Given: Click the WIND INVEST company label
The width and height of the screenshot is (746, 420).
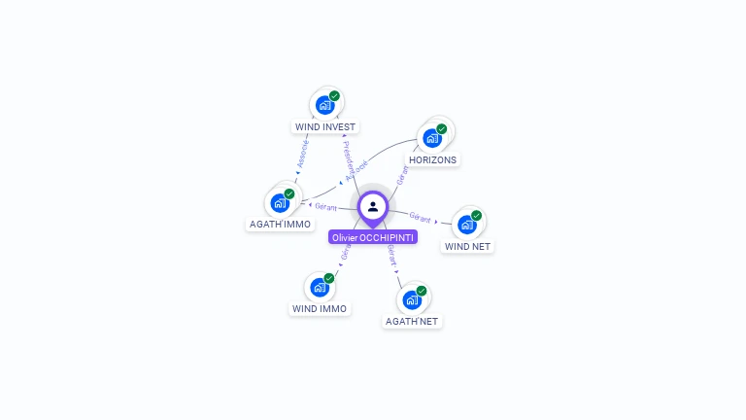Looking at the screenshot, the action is [325, 126].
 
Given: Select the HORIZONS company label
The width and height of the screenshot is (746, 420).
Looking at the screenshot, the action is [432, 159].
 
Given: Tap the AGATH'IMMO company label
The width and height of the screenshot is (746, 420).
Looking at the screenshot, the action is [280, 224].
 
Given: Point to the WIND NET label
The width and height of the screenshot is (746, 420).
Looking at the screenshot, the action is [467, 246].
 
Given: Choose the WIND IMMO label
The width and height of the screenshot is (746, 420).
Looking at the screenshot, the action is [320, 308].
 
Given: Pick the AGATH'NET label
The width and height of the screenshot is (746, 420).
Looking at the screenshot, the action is [412, 321].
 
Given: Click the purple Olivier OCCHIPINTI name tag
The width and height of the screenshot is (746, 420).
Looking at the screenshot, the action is [373, 237].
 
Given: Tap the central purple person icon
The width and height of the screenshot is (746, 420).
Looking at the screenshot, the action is [373, 206].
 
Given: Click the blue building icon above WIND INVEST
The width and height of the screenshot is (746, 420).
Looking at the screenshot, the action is [324, 105].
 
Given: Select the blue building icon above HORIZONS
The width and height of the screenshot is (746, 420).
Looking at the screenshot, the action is [431, 138].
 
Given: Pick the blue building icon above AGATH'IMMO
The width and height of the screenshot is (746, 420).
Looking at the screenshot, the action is [280, 202].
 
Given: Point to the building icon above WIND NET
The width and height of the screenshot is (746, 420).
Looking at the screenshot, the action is [466, 225].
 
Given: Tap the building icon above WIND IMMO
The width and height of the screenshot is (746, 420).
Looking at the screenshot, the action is [319, 287].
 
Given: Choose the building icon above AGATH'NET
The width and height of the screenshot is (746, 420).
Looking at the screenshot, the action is [411, 299].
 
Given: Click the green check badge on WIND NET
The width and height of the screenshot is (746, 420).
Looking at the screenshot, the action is [476, 216].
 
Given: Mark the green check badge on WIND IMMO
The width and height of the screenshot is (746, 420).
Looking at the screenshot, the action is [328, 278].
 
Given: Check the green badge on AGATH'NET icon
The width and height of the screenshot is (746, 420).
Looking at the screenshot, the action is [421, 291].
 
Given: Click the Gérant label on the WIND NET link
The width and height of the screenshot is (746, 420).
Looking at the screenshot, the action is [421, 216].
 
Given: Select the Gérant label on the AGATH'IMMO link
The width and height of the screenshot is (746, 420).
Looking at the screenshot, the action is [325, 206].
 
